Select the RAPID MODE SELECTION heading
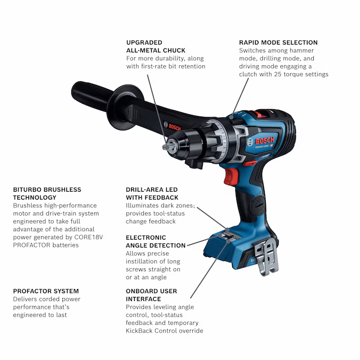(278, 42)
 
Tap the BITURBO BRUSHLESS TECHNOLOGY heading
(47, 193)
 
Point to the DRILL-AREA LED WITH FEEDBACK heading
(152, 193)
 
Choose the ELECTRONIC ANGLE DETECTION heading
(155, 241)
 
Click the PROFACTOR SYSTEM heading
(46, 291)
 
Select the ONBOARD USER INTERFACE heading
(151, 295)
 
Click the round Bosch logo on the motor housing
(250, 142)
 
